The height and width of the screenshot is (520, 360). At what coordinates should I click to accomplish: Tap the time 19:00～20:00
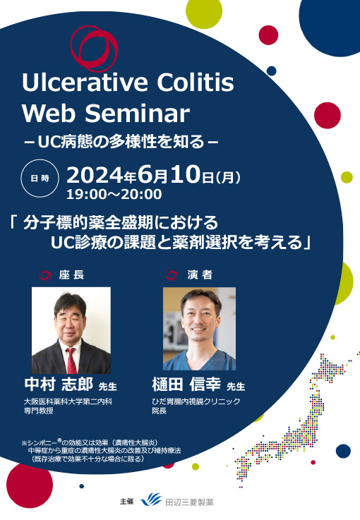click(x=114, y=193)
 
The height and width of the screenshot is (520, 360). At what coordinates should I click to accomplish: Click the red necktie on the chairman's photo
click(x=71, y=359)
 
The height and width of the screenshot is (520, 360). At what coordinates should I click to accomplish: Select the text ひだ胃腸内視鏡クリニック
click(x=196, y=401)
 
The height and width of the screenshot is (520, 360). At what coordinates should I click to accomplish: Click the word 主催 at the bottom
click(x=127, y=501)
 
